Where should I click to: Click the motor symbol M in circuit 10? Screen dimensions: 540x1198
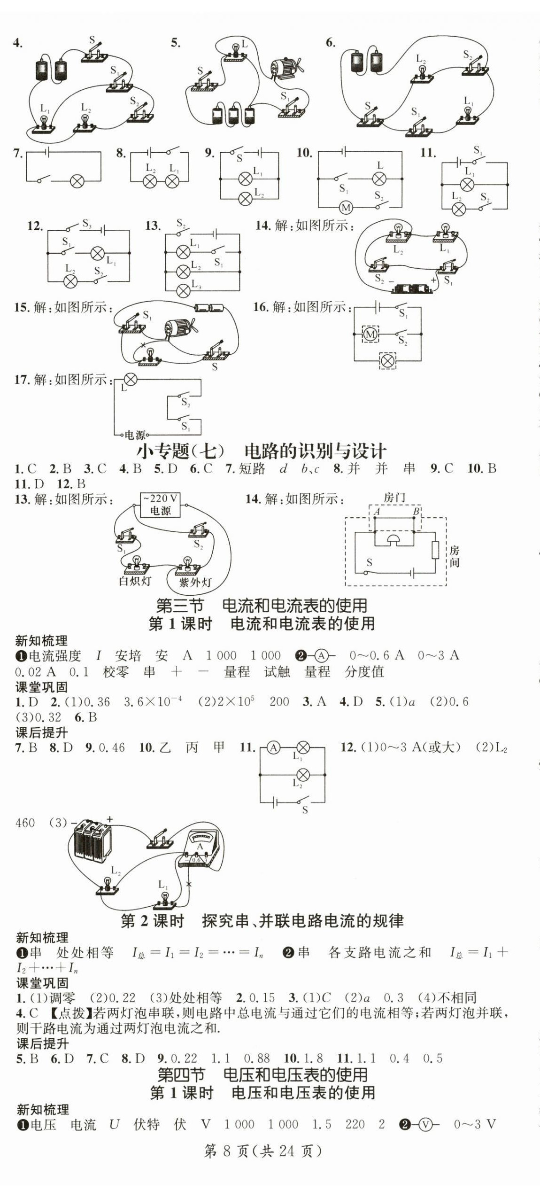(346, 207)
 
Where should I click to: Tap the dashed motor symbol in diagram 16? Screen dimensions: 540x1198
(370, 334)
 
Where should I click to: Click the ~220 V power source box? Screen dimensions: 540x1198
(160, 505)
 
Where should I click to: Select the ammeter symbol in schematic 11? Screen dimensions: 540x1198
(273, 747)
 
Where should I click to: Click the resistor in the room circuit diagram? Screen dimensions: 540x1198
(435, 550)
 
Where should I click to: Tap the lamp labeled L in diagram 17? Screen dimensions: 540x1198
(130, 379)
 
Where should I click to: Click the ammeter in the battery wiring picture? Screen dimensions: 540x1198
(201, 849)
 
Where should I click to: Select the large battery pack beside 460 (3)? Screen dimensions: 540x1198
(93, 841)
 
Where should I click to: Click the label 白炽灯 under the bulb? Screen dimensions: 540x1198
(135, 581)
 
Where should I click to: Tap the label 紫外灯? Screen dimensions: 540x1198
(195, 583)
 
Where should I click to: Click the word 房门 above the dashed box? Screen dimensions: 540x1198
(394, 498)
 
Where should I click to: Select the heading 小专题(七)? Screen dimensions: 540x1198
(181, 451)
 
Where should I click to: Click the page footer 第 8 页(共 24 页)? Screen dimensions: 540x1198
(263, 1151)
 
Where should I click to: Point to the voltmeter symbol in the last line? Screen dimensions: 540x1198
(425, 1124)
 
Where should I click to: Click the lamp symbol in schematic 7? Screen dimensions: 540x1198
(77, 181)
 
